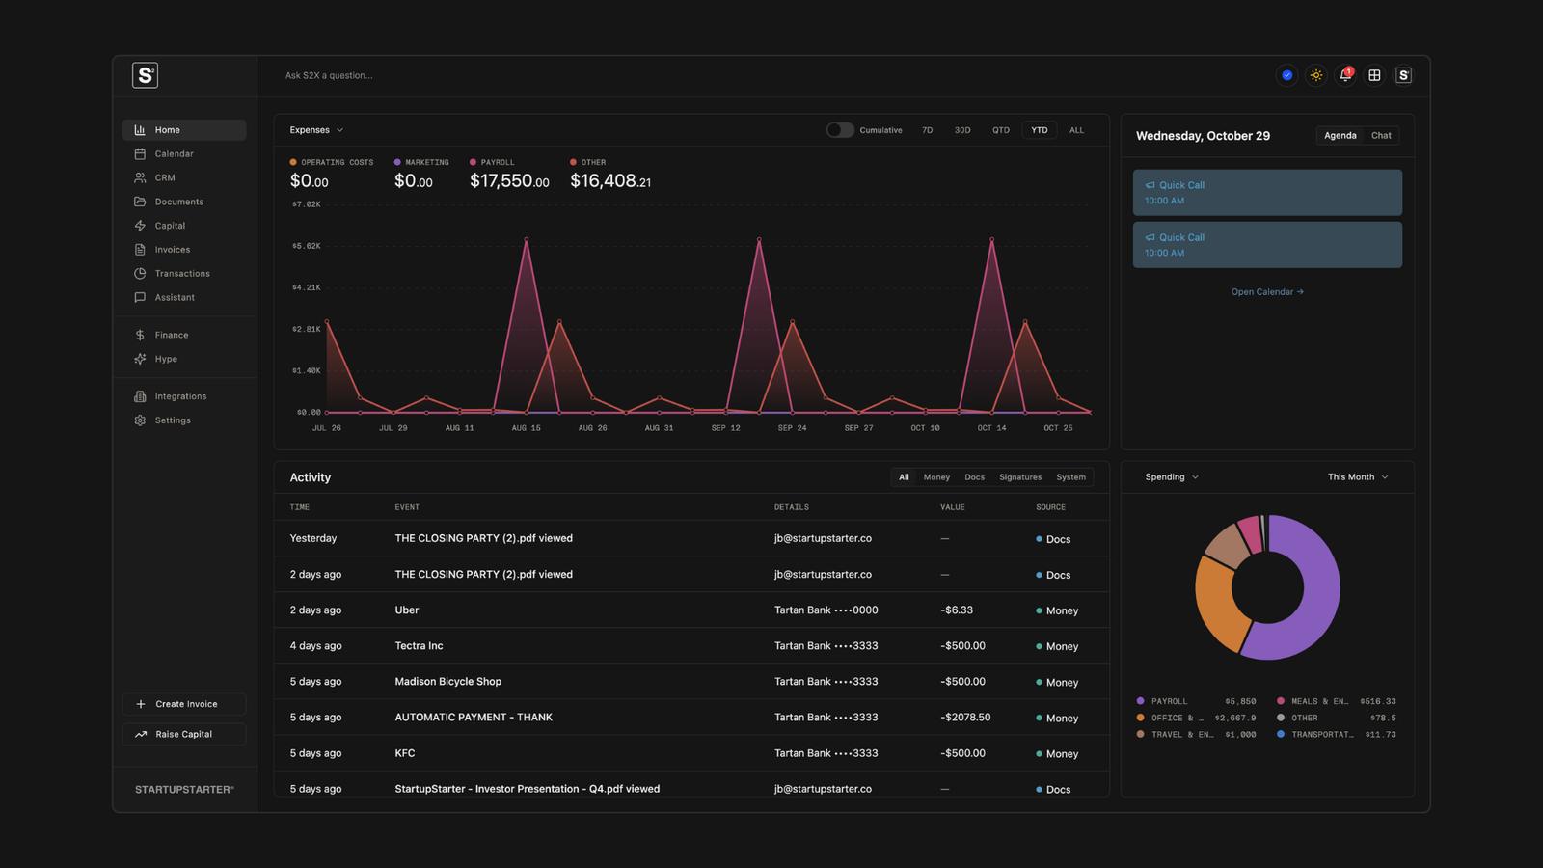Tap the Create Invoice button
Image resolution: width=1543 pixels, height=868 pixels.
coord(184,704)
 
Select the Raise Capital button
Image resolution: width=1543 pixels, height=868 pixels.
coord(184,734)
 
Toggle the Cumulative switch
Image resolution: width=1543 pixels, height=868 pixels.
coord(840,130)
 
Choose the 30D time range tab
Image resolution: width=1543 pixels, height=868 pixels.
coord(961,130)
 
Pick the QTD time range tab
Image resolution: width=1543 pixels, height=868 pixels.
coord(1000,130)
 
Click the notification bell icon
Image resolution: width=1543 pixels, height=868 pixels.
coord(1345,75)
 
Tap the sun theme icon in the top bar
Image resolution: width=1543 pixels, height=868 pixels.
coord(1315,75)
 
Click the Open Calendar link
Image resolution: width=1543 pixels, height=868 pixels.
coord(1267,292)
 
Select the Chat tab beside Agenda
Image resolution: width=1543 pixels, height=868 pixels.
coord(1380,136)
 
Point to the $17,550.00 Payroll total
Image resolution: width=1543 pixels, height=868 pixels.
coord(509,180)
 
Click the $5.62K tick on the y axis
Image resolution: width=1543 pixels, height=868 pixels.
coord(306,246)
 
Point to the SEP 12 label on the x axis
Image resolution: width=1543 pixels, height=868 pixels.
coord(725,428)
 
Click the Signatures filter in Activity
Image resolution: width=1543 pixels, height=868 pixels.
coord(1020,477)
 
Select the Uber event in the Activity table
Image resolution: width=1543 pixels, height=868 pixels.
coord(406,610)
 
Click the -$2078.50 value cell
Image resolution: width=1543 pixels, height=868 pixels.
coord(965,718)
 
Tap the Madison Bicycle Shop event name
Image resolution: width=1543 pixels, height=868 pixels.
coord(447,681)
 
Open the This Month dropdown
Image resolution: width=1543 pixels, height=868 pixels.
coord(1357,477)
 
